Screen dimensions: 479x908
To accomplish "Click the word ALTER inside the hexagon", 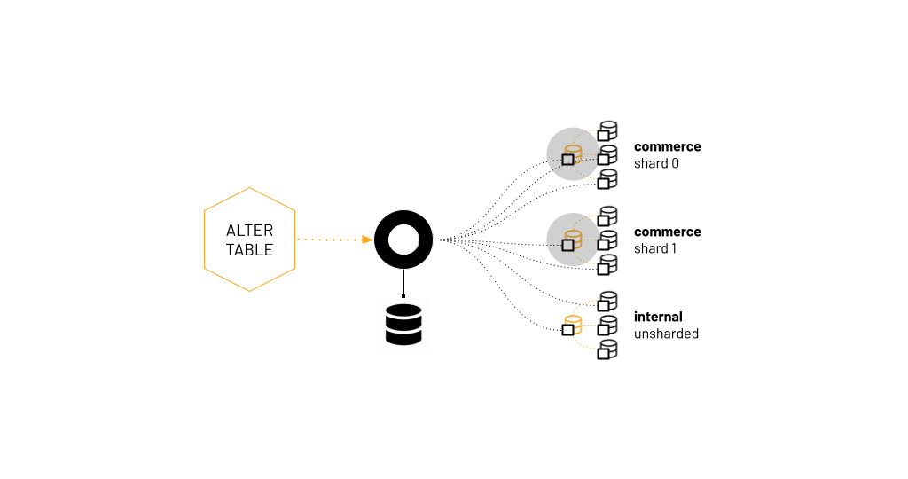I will (249, 231).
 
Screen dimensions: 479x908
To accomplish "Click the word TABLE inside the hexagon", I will (249, 250).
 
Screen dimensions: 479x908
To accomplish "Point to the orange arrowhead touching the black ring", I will (366, 239).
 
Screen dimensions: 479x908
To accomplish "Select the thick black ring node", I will (403, 239).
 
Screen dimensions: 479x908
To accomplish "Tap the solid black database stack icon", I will (403, 324).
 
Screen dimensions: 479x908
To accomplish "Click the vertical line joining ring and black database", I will (403, 282).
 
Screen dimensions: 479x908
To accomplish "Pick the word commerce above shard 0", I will (667, 146).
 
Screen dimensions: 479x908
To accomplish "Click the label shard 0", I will (655, 164).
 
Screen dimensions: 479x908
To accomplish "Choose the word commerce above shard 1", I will (667, 232).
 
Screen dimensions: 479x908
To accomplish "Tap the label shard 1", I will (655, 249).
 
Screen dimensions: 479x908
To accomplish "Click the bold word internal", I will (658, 317).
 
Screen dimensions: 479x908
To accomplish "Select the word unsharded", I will (666, 334).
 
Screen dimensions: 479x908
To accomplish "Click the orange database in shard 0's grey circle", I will (574, 153).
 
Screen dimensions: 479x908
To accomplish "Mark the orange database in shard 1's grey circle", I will (574, 238).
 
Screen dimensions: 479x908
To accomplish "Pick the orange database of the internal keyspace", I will (574, 323).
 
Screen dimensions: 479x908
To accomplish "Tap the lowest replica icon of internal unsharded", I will (607, 349).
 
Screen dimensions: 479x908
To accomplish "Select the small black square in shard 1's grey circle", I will (567, 245).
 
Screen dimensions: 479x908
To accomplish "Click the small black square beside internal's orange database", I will (567, 330).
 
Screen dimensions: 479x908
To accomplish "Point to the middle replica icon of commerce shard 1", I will (607, 240).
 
